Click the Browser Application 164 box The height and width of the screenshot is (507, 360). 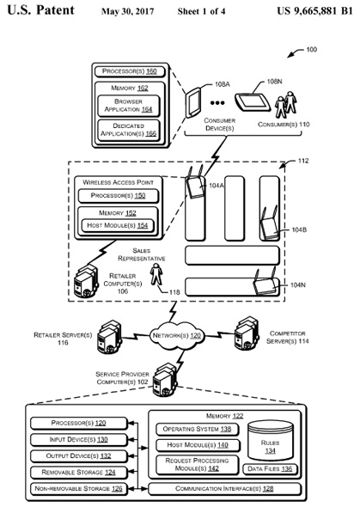pos(129,106)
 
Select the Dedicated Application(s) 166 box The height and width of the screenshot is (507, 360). pos(129,131)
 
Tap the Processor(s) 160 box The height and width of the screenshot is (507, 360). pos(130,71)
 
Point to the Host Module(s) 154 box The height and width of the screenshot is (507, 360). pos(118,225)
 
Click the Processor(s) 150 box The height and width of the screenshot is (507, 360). pos(119,196)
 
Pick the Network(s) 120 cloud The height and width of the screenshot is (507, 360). pos(177,336)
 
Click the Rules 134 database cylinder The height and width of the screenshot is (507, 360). pos(270,441)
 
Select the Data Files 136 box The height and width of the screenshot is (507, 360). pos(270,469)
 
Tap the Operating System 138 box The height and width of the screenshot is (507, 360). pos(197,429)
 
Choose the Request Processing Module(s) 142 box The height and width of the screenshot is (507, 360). pos(197,465)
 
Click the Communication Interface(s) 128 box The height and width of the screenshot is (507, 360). pos(224,489)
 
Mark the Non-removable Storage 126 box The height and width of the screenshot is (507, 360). pos(78,489)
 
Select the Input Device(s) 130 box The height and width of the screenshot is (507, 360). pos(78,440)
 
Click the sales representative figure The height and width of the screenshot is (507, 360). pos(156,274)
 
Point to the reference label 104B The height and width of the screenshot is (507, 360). pos(299,230)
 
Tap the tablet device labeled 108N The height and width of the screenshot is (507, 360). pos(253,102)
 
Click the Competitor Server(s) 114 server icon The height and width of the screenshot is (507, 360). pos(247,334)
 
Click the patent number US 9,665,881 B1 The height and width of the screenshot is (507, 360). pos(314,10)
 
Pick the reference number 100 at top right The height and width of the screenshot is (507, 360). pos(312,50)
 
